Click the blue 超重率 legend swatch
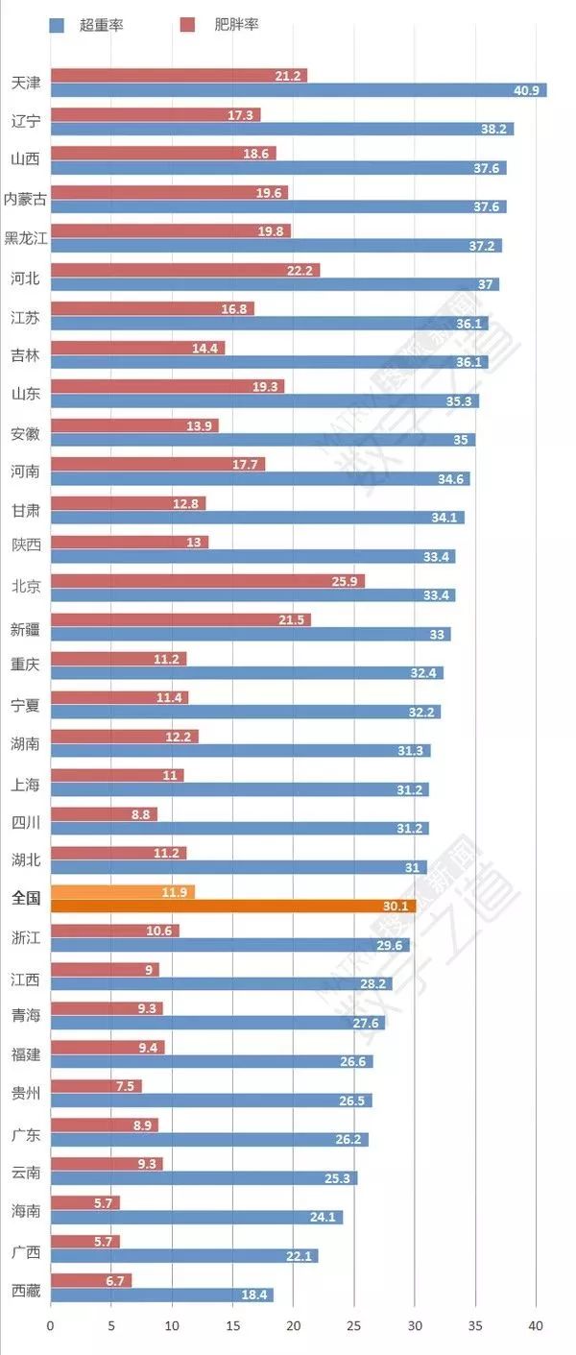57,24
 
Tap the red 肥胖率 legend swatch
188,24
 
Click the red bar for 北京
207,581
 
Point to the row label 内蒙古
25,199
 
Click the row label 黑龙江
25,238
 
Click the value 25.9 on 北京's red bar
348,581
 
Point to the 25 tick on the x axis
354,1325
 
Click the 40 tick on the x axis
536,1325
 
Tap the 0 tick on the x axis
51,1325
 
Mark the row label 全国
25,898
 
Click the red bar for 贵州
96,1086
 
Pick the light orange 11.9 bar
122,892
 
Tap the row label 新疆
25,627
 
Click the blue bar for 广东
209,1139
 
